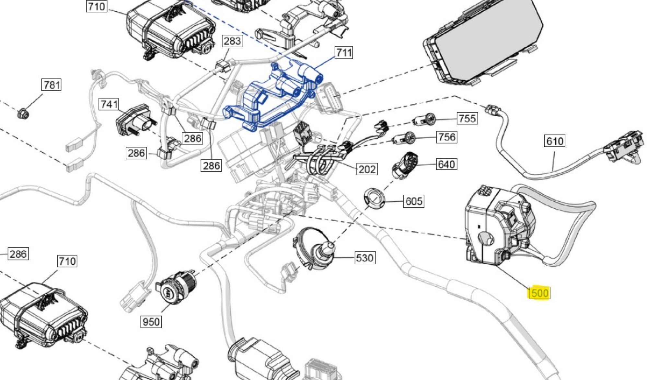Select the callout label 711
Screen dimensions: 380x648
tap(344, 52)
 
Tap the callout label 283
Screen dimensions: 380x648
tap(232, 41)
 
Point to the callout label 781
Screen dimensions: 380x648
tap(52, 85)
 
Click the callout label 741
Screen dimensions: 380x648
tap(109, 104)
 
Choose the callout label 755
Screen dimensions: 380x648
tap(467, 118)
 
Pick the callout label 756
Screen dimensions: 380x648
tap(446, 137)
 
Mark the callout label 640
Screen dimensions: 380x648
tap(446, 164)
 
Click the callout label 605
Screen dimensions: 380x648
tap(414, 201)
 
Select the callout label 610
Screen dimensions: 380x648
tap(554, 141)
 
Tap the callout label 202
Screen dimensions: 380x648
tap(367, 169)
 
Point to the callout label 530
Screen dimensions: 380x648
tap(365, 258)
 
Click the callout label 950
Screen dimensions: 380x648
tap(151, 322)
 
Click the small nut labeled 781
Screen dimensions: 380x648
tap(23, 113)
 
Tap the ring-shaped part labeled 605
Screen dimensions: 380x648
tap(373, 198)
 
